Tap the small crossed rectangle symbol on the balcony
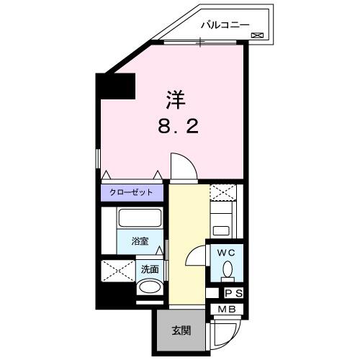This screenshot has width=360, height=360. point(257,35)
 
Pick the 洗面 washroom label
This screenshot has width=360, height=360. point(149,270)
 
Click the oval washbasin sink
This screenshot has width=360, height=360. point(150,288)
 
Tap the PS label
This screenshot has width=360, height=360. point(233,294)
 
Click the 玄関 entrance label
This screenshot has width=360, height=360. point(180,331)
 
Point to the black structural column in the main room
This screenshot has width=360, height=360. point(117,86)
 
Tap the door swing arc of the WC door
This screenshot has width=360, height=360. point(196,253)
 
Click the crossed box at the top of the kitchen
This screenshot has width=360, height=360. point(223,193)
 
